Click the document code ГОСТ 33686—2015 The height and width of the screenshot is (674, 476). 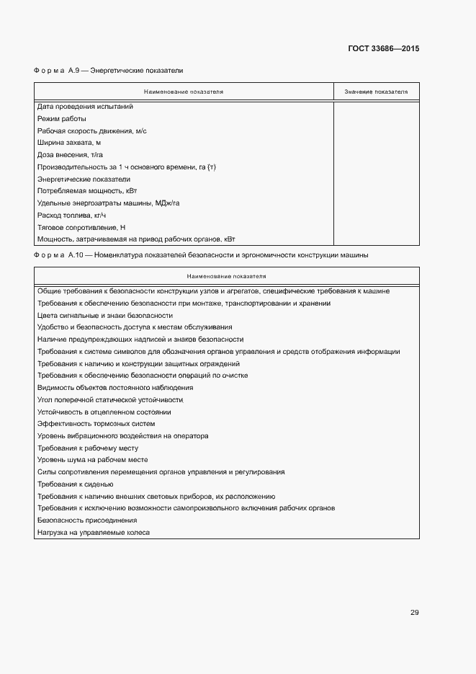(383, 48)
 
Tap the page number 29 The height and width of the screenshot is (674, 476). (414, 613)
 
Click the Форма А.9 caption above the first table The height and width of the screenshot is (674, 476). (108, 71)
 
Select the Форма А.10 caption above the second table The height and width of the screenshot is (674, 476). (201, 255)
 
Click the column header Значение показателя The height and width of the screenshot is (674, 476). (376, 92)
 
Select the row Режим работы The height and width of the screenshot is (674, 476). (62, 119)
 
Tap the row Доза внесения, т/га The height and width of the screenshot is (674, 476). (71, 155)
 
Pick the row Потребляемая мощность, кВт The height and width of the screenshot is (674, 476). (87, 191)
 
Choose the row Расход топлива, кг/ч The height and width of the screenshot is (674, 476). (72, 216)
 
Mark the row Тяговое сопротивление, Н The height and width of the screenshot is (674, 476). (81, 227)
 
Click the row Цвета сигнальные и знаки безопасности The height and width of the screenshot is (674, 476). (105, 315)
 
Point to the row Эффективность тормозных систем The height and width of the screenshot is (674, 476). (96, 423)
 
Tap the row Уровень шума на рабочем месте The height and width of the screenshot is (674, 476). (93, 459)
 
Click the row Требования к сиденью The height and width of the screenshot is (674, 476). (76, 484)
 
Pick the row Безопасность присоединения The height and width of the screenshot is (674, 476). (87, 520)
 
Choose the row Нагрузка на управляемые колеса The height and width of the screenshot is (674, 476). (94, 532)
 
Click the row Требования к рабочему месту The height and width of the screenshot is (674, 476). (88, 448)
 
